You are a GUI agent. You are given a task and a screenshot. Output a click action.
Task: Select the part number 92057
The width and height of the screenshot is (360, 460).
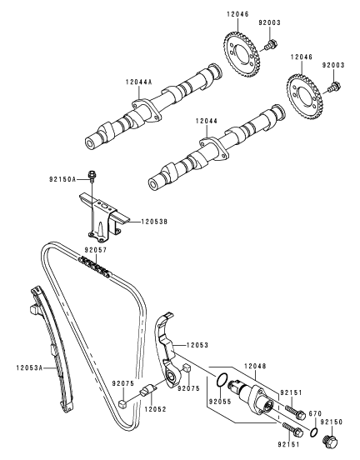96,248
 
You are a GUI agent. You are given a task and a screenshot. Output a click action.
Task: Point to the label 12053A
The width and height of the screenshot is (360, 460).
29,366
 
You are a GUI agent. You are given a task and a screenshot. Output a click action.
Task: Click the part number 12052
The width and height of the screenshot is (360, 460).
152,409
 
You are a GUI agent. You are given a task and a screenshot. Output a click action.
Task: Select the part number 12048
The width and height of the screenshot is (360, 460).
254,366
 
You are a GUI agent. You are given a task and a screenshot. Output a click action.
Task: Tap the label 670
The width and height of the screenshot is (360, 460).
314,414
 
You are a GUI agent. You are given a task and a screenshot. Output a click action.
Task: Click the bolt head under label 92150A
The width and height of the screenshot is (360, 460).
94,176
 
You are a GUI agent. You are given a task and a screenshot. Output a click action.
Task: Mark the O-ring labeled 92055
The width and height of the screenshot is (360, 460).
221,382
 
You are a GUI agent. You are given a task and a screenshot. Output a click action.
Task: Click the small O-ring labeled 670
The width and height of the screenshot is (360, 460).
310,432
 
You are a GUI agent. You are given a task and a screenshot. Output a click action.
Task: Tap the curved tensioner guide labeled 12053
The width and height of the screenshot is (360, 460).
167,346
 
